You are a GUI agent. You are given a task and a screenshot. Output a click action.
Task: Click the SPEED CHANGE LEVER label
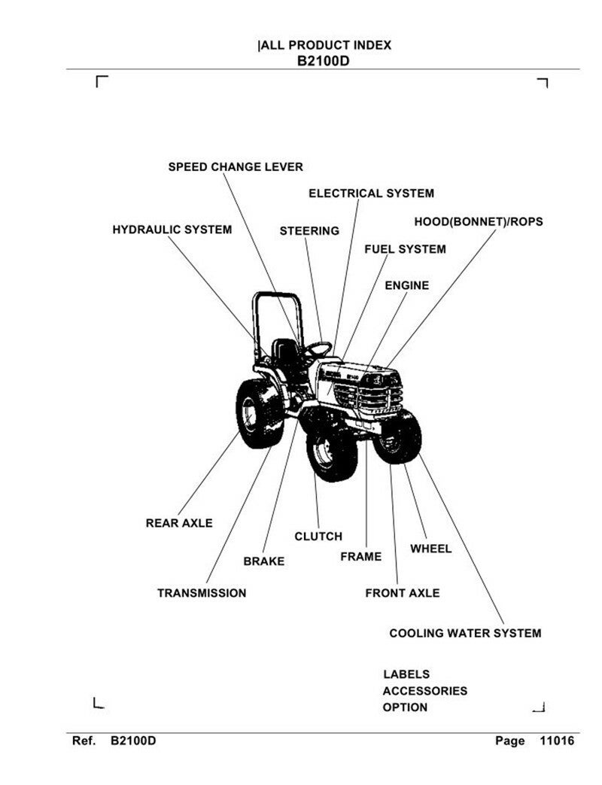point(235,167)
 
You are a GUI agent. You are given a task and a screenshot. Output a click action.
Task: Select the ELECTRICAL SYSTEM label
point(371,193)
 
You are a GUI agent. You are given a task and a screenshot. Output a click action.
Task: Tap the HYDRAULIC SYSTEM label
point(172,229)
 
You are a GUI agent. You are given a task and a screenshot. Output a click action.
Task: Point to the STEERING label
point(309,231)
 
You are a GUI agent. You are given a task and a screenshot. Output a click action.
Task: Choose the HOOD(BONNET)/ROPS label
point(478,222)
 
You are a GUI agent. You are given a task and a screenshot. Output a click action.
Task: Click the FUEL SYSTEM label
point(405,249)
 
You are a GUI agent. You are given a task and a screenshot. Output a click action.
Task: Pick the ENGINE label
point(406,286)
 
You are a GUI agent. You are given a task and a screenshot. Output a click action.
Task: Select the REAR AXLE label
point(179,523)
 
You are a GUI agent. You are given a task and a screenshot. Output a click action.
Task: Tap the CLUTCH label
point(318,537)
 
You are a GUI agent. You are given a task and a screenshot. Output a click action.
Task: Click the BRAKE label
point(263,561)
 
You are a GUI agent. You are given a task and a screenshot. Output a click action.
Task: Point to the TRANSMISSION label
point(201,593)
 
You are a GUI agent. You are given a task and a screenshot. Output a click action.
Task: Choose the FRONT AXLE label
point(402,593)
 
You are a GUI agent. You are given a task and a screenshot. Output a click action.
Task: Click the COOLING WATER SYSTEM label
point(464,634)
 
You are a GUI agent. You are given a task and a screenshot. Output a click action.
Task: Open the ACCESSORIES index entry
point(424,691)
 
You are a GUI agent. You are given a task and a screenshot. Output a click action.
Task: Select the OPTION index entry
point(405,707)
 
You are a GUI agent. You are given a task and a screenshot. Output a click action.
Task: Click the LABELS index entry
point(406,674)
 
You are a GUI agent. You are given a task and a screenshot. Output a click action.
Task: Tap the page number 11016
point(557,741)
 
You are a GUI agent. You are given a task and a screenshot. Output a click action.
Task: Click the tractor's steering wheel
point(319,348)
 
